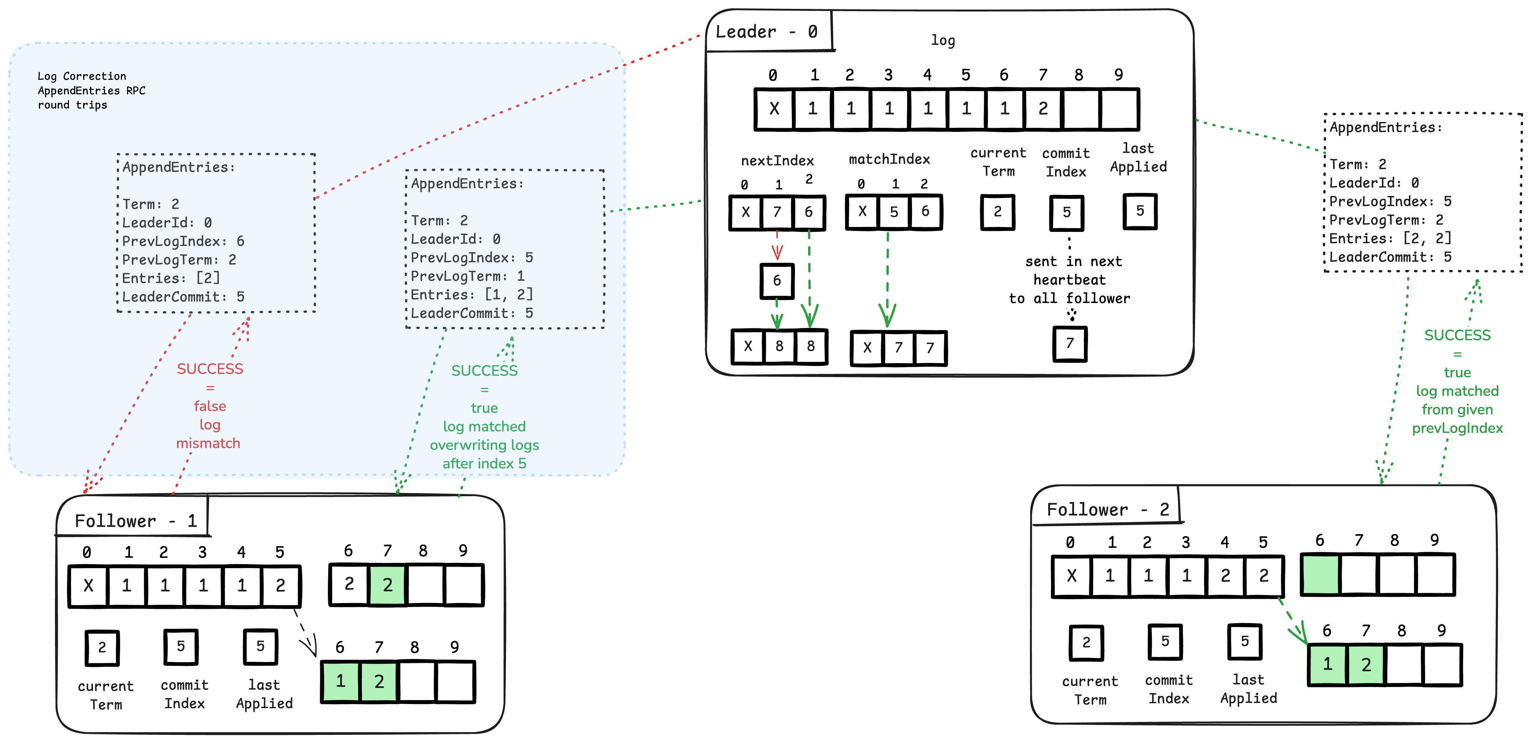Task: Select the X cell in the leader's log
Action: pos(774,109)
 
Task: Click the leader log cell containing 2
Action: pos(1043,109)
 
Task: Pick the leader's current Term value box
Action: pos(997,212)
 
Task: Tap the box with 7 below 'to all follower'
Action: pos(1070,344)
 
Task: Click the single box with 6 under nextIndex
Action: pos(777,281)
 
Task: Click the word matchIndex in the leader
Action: pos(889,159)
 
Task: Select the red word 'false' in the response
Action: pos(210,406)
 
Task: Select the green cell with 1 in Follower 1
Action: pos(341,681)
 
